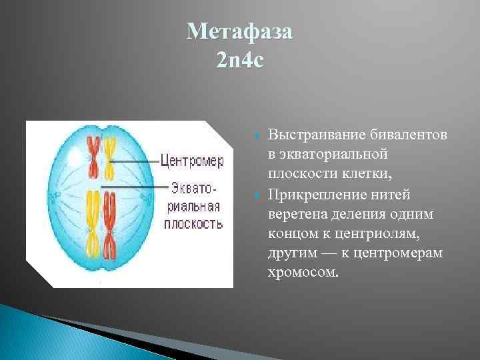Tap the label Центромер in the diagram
click(192, 161)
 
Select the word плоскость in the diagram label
click(193, 225)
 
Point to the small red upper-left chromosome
click(95, 155)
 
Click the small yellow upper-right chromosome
click(109, 155)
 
